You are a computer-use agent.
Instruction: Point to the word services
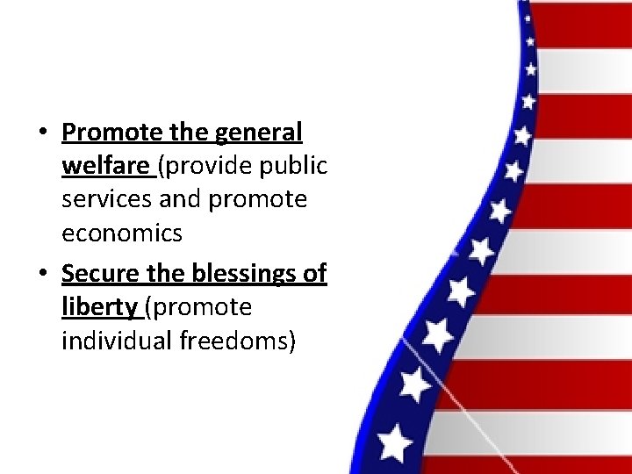pos(107,199)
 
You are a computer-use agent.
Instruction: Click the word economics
pos(122,233)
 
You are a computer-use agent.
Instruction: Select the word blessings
pos(240,274)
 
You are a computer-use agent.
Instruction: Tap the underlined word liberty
pos(98,307)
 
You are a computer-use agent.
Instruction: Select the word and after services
pos(181,199)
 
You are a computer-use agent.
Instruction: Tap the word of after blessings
pos(313,274)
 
